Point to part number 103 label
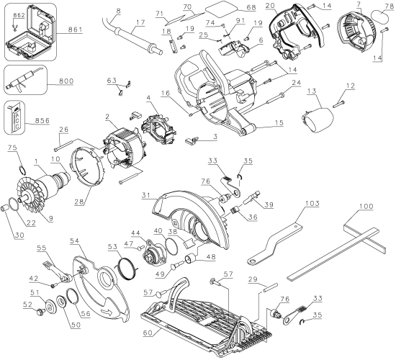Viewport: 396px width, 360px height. [312, 203]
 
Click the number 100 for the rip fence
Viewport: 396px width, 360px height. [366, 207]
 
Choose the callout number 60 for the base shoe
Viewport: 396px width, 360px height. [148, 333]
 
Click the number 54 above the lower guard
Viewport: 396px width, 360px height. [75, 240]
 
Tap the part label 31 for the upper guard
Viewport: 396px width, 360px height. [146, 195]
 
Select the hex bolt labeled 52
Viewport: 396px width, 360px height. [40, 312]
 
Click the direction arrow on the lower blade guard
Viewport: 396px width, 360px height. [107, 312]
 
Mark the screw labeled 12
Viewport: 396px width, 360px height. [338, 104]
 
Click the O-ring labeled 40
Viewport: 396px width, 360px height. [171, 246]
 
